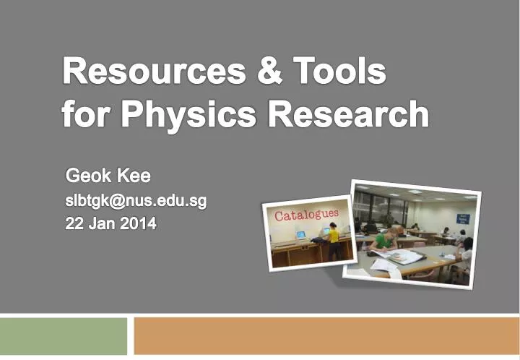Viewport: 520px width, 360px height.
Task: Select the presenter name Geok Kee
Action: (x=108, y=176)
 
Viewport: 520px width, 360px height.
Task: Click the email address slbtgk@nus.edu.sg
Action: (x=136, y=200)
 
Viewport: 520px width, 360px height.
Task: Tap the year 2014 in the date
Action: (x=138, y=224)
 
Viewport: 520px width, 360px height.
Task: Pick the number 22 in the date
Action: (x=74, y=224)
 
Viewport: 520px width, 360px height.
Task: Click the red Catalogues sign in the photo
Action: (x=305, y=215)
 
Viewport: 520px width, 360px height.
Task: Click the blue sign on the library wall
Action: (x=463, y=218)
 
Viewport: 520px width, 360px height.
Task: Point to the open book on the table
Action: (x=404, y=256)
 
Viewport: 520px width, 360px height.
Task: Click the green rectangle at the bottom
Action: (x=64, y=335)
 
